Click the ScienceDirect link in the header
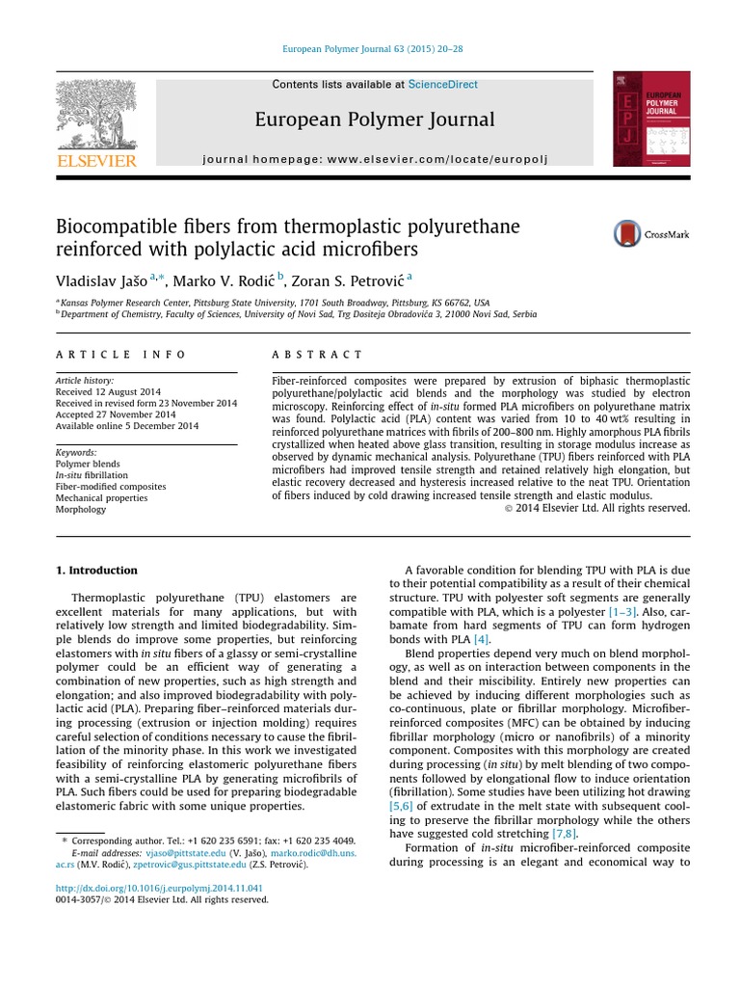pos(442,85)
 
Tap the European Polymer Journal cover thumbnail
pos(651,119)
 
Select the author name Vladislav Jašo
pos(99,280)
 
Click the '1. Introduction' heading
pos(96,570)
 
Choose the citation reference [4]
pos(481,639)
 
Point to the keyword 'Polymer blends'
pos(87,464)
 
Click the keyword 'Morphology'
pos(81,510)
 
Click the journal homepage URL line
pos(374,158)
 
